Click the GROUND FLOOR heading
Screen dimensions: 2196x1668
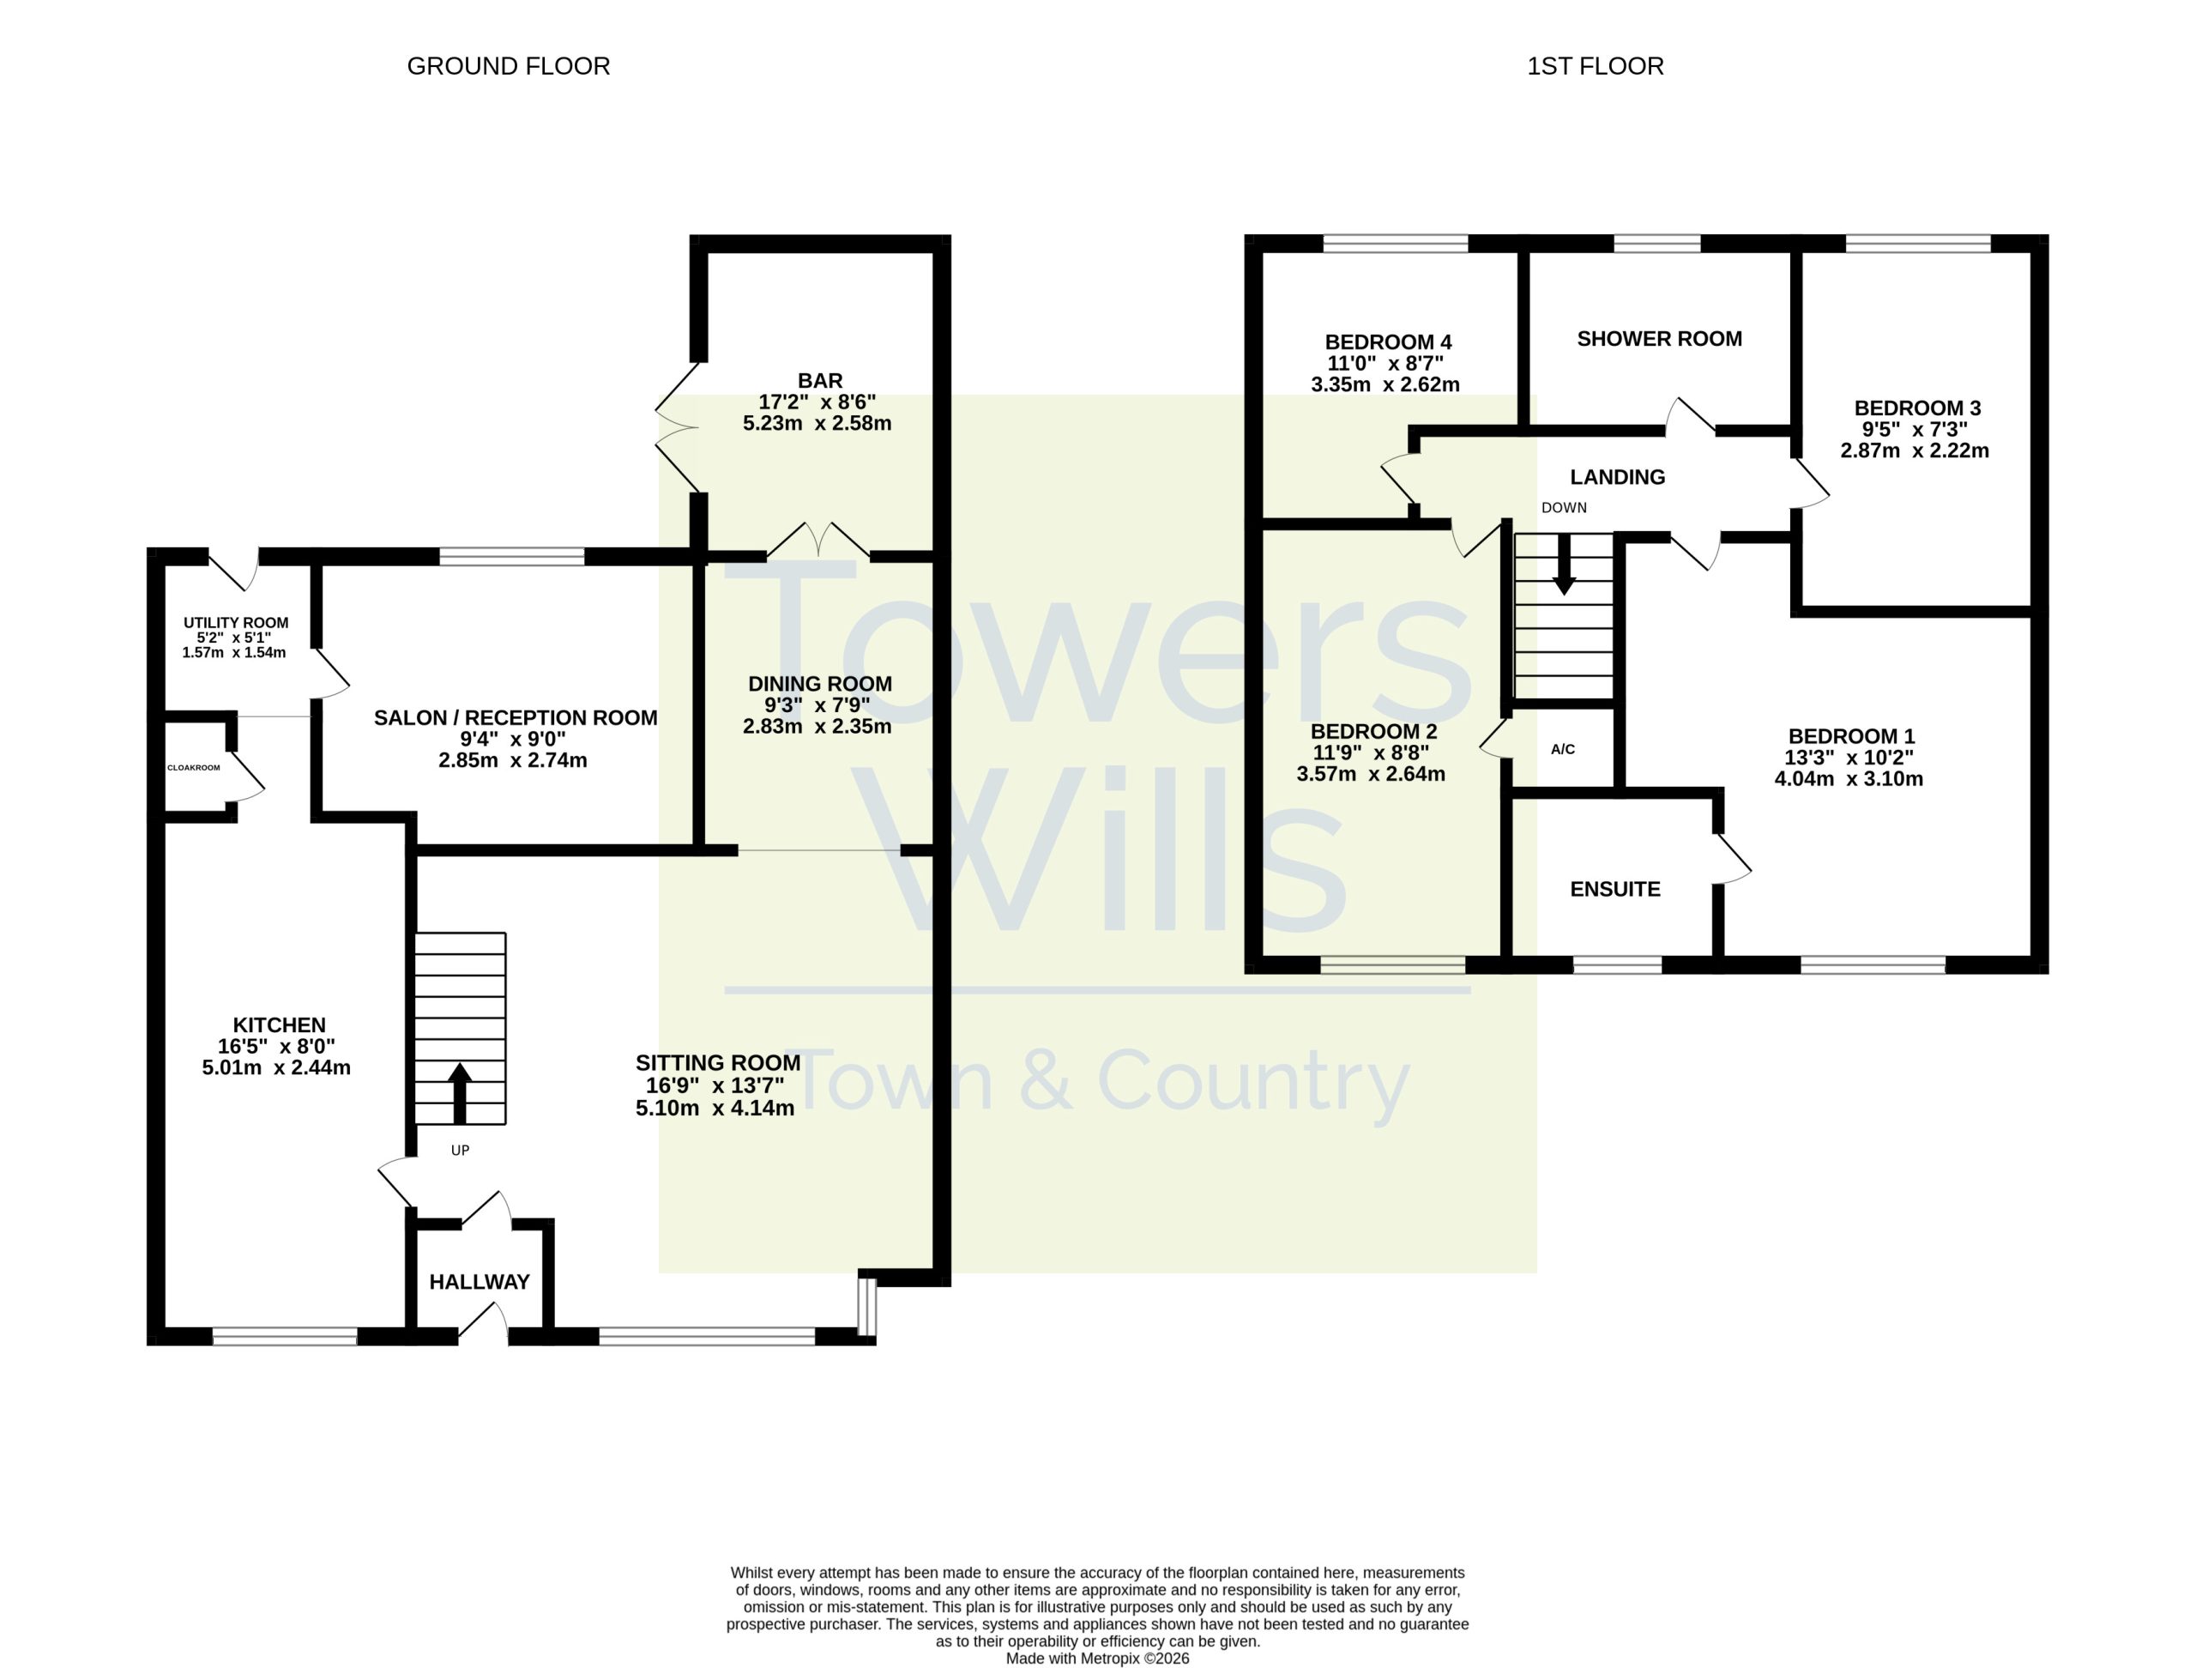point(509,67)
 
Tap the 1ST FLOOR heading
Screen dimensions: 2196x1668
point(1596,67)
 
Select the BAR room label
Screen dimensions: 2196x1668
point(820,380)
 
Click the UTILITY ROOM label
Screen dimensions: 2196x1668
point(236,623)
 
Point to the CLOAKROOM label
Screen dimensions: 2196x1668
point(194,767)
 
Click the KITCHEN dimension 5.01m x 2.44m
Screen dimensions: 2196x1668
point(276,1068)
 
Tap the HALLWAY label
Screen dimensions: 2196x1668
point(480,1282)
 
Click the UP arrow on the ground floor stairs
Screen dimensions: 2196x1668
point(460,1094)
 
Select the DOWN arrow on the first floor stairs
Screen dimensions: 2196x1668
point(1564,565)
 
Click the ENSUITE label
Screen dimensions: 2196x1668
point(1615,890)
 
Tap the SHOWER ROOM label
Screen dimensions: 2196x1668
point(1660,339)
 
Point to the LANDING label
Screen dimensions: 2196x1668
point(1618,476)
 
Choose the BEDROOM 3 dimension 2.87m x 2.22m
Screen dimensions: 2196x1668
point(1915,450)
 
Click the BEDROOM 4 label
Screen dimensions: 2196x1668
point(1389,342)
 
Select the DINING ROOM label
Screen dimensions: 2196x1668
point(820,684)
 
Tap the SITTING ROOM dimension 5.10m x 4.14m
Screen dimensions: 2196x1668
point(715,1108)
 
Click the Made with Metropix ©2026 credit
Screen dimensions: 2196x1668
point(1098,1658)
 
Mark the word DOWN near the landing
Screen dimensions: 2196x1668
point(1564,507)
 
